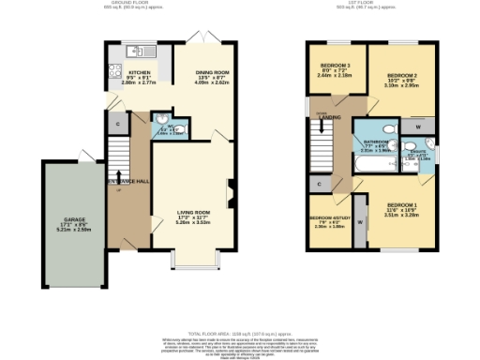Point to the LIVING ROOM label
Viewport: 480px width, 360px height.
(x=193, y=213)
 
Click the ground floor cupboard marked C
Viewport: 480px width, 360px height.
(x=118, y=124)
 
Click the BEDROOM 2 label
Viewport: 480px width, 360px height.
(x=402, y=74)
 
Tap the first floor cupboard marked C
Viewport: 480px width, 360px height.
(x=320, y=185)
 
